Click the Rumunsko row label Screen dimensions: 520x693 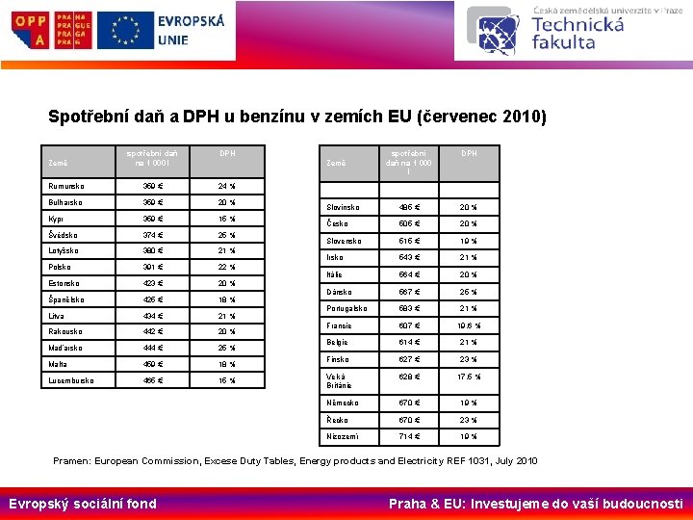tap(65, 186)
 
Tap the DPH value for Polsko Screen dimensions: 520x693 tap(227, 267)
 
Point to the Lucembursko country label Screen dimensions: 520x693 tap(70, 380)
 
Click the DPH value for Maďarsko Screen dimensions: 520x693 tap(227, 348)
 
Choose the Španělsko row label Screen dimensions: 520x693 tap(66, 299)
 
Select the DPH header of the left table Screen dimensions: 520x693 tap(227, 153)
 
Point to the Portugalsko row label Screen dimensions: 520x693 tap(346, 308)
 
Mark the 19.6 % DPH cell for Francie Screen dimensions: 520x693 tap(469, 325)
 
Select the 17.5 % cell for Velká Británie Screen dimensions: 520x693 tap(469, 377)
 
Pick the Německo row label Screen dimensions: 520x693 tap(343, 403)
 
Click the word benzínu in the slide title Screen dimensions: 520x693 tap(263, 117)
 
